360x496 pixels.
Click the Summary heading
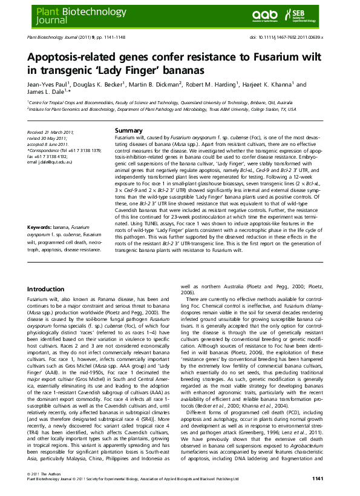pos(128,131)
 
